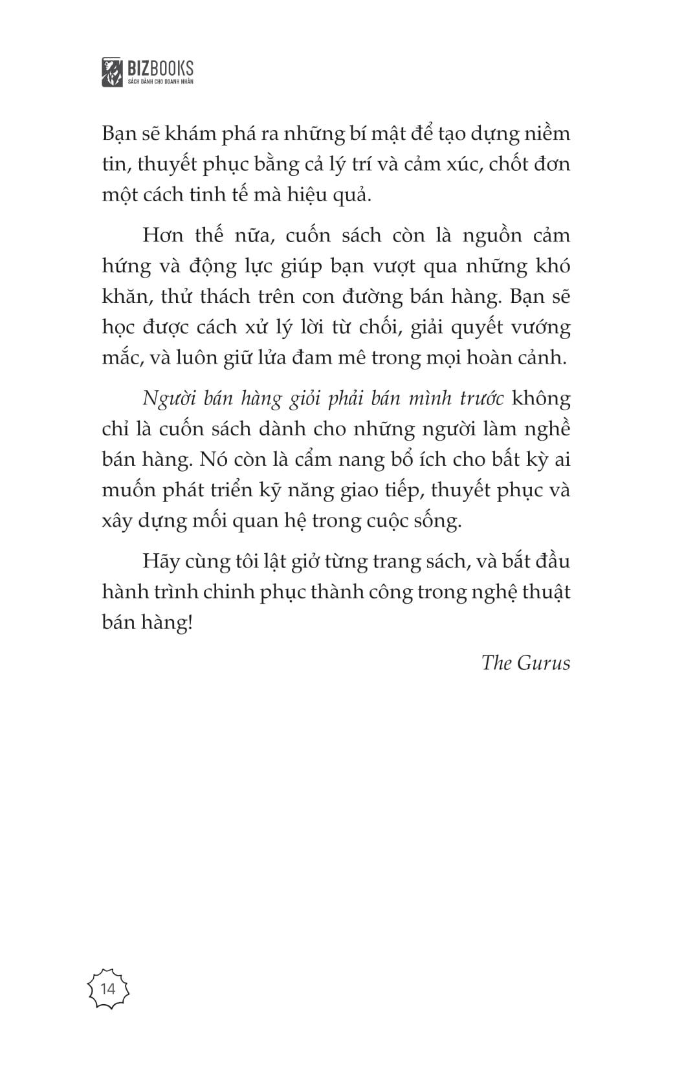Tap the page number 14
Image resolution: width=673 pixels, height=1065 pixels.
108,989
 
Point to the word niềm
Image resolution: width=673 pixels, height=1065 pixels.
548,134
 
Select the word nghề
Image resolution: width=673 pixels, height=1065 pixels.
548,429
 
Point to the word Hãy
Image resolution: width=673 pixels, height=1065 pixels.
160,561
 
